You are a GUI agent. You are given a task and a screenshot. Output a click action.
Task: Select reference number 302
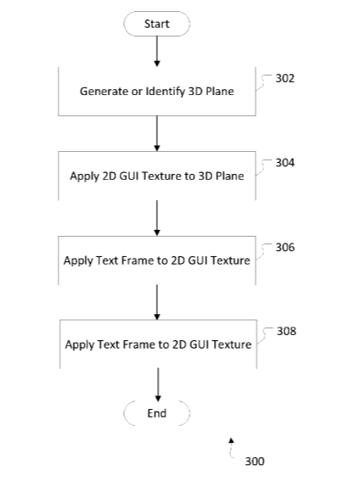[284, 78]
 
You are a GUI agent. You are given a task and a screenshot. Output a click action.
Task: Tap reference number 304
[284, 163]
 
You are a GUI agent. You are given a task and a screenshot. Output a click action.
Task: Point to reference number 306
[284, 247]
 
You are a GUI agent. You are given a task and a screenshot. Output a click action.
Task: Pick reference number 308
[286, 331]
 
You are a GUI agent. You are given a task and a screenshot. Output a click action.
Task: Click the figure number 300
[255, 462]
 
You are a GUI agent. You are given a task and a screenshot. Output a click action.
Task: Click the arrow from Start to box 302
[157, 51]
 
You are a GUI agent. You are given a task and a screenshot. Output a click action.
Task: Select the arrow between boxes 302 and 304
[157, 133]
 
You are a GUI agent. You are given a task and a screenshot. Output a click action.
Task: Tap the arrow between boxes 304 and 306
[157, 218]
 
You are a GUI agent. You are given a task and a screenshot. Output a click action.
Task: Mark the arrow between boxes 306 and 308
[157, 302]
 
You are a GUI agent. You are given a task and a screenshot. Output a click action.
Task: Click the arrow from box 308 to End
[158, 385]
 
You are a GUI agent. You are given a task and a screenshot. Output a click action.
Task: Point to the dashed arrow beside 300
[230, 448]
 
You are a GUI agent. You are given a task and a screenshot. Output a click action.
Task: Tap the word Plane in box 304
[230, 176]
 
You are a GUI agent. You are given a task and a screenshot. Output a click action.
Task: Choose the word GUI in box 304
[129, 176]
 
